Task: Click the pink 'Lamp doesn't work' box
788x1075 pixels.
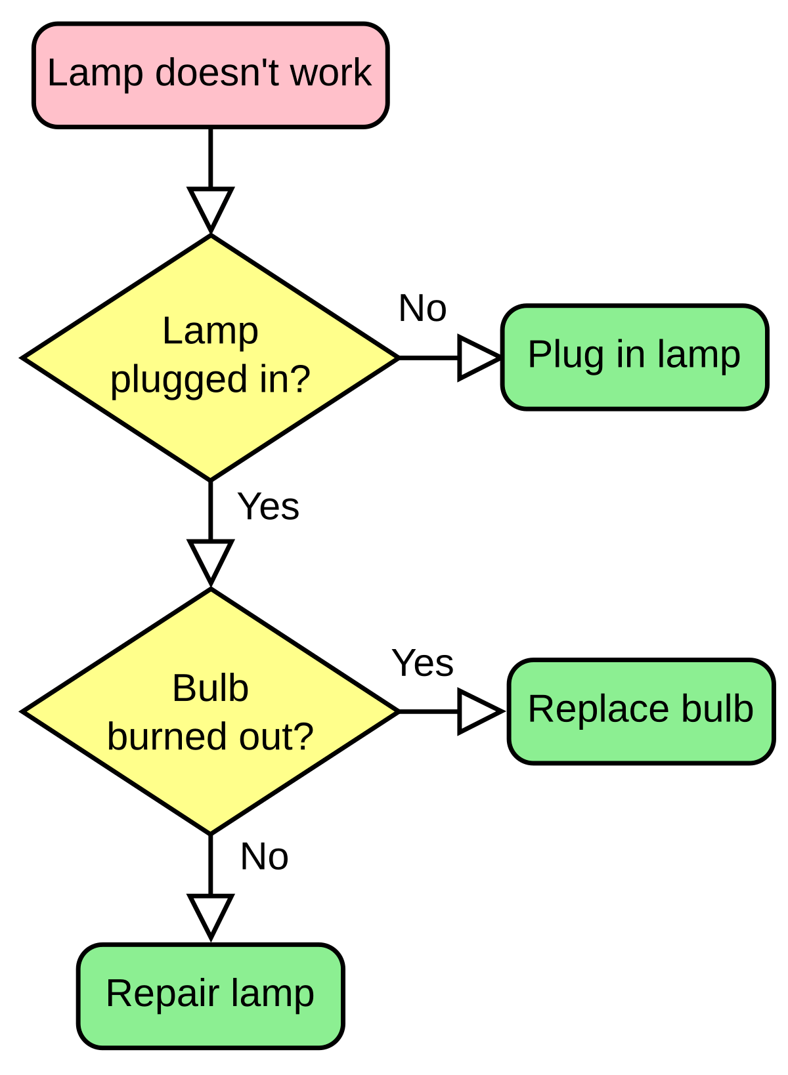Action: (x=210, y=75)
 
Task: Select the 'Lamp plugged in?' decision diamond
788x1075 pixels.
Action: (x=210, y=358)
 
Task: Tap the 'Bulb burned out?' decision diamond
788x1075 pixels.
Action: (x=210, y=711)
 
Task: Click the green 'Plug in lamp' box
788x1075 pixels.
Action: (x=634, y=357)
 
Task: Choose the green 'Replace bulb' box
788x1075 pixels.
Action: (x=641, y=711)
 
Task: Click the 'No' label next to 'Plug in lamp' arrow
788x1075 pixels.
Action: (x=423, y=308)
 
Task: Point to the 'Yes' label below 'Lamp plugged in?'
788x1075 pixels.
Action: (x=269, y=507)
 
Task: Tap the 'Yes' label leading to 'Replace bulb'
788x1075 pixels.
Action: (x=423, y=663)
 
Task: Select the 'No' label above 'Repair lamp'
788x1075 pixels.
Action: (x=265, y=856)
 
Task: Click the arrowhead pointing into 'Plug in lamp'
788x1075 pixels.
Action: (x=476, y=358)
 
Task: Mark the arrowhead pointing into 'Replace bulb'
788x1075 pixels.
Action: (x=478, y=711)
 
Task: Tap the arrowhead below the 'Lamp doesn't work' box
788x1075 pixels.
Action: (x=210, y=207)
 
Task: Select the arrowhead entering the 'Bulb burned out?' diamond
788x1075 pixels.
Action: (x=210, y=560)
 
